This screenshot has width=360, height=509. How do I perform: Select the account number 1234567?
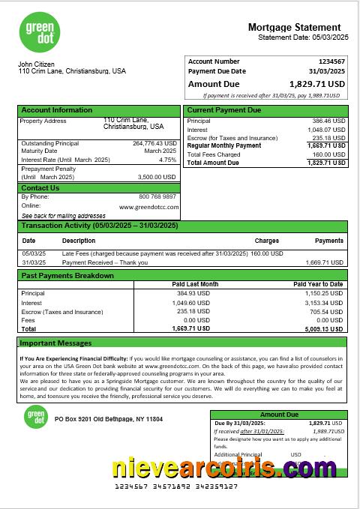[331, 61]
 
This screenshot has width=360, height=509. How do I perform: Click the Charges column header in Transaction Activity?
[266, 241]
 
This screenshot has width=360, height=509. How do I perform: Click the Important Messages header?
[55, 343]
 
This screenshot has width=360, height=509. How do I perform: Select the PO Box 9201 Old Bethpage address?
[108, 419]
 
